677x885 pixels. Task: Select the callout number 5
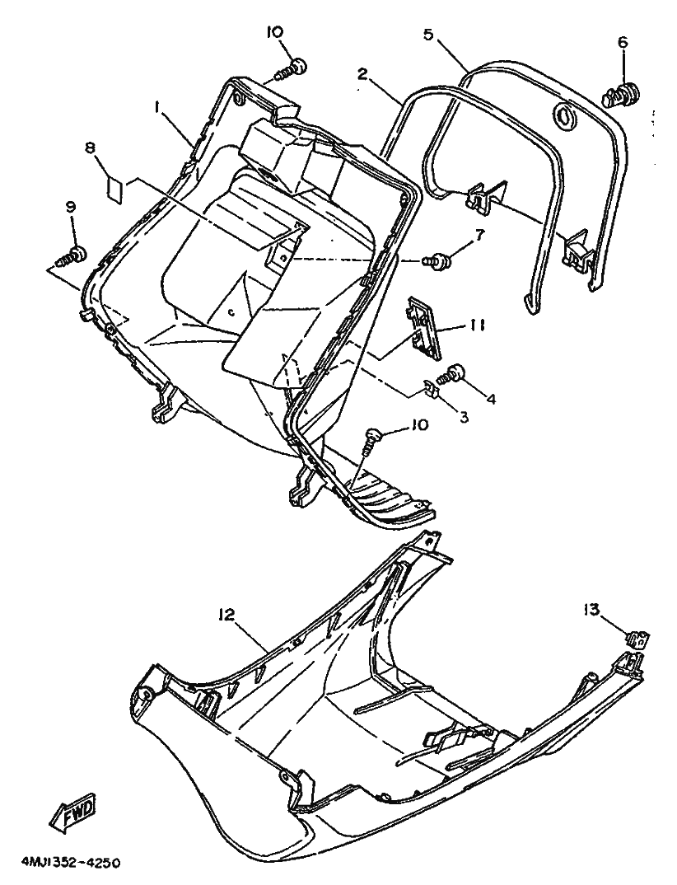pyautogui.click(x=427, y=35)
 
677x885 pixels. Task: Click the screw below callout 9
pyautogui.click(x=73, y=255)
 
